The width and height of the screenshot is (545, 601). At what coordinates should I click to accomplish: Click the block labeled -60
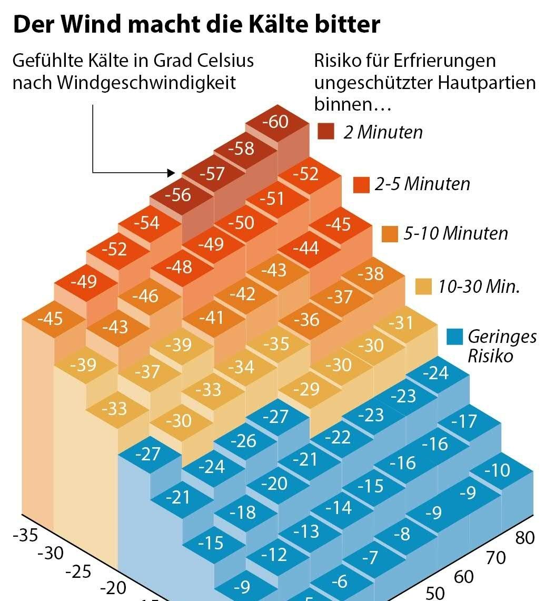click(x=276, y=122)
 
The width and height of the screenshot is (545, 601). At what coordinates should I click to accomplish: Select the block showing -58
click(x=242, y=148)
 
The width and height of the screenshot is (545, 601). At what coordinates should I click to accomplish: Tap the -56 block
click(x=178, y=195)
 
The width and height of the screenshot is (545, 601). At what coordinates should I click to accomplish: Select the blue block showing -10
click(x=497, y=470)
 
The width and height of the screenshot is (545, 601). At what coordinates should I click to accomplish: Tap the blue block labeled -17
click(x=464, y=421)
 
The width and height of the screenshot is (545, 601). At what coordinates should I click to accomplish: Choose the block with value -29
click(x=306, y=389)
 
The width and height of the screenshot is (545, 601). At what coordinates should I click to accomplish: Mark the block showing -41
click(x=211, y=318)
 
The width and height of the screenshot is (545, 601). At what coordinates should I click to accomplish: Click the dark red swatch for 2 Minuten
click(x=326, y=131)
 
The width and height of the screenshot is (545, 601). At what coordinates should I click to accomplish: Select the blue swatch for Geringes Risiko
click(x=454, y=337)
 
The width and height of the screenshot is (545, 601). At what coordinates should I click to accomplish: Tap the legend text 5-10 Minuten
click(x=455, y=233)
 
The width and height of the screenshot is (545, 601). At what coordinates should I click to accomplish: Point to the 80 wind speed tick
click(x=524, y=538)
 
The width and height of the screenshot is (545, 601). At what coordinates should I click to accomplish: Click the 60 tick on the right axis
click(x=464, y=577)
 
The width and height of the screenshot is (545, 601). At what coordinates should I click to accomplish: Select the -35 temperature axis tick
click(x=25, y=536)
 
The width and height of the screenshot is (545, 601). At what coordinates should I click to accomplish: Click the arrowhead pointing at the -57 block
click(x=171, y=172)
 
